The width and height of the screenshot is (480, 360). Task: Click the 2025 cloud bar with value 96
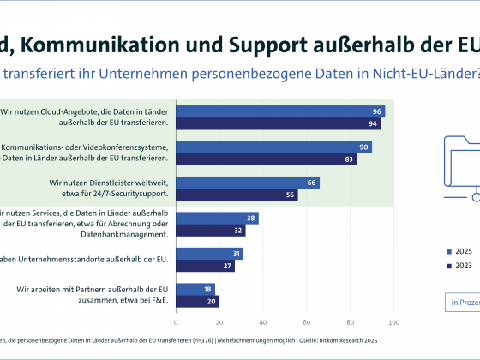click(280, 111)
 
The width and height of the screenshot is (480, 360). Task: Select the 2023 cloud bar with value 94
click(278, 123)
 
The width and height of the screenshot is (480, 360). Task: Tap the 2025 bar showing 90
click(273, 147)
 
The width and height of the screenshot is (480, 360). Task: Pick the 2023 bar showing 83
click(266, 159)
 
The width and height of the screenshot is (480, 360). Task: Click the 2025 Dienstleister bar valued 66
click(248, 183)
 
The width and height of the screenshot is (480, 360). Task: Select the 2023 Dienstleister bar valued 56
click(237, 195)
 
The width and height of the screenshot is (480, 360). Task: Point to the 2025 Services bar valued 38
click(217, 219)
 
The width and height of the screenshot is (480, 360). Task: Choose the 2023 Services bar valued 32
click(210, 231)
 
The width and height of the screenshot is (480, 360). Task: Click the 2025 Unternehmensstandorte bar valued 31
click(209, 254)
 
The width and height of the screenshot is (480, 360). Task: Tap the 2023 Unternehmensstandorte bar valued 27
click(205, 266)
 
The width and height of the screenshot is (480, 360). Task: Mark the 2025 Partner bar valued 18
click(195, 290)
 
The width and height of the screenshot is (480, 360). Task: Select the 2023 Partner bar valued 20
click(197, 302)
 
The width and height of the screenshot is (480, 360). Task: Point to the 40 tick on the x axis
click(263, 322)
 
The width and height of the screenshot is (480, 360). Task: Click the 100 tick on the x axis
click(393, 322)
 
